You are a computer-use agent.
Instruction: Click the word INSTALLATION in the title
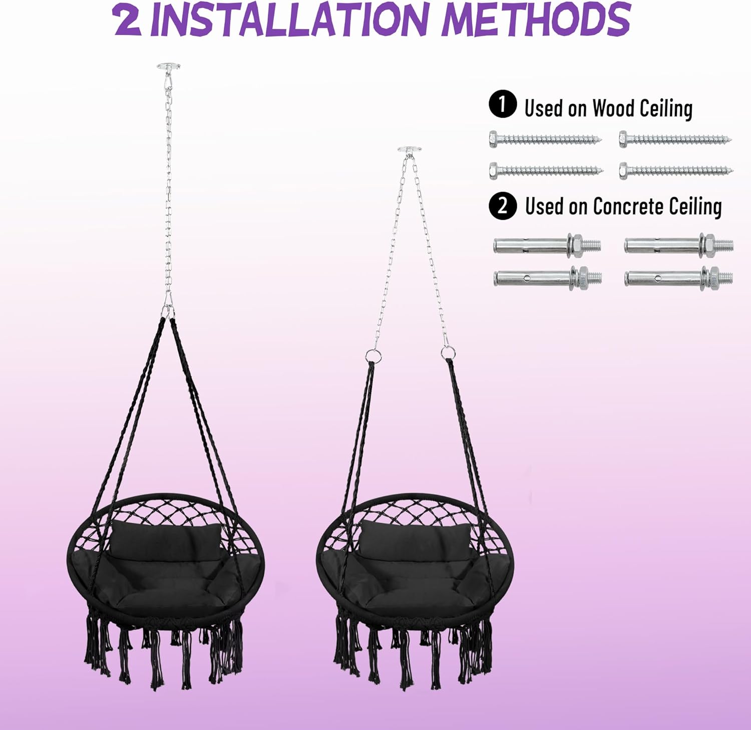289,20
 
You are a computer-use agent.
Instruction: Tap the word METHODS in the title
536,20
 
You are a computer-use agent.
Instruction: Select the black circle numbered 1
502,105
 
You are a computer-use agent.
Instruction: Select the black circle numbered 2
502,206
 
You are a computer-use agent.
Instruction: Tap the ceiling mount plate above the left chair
168,67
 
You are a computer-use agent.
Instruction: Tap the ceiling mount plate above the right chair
409,150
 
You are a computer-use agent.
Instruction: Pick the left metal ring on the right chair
371,356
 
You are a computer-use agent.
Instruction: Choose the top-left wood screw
545,139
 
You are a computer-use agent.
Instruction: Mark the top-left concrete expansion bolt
547,245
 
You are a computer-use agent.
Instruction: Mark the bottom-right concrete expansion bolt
679,277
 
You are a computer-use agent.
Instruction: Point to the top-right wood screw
675,139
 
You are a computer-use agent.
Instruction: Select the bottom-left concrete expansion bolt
547,277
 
